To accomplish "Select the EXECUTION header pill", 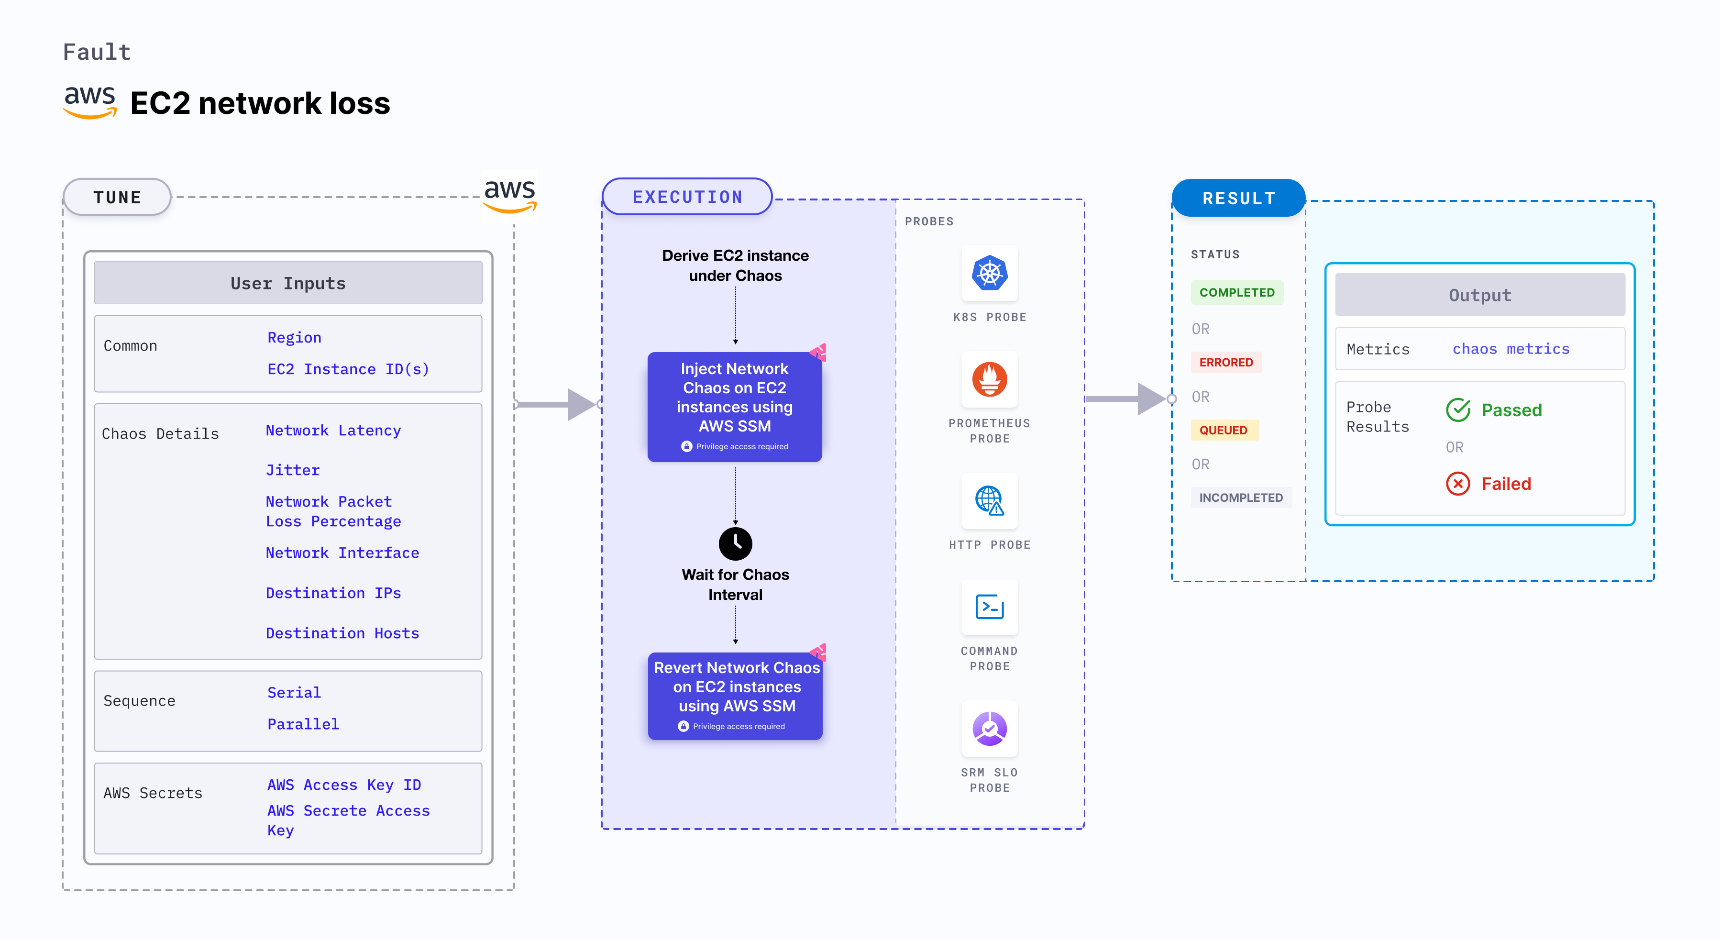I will tap(687, 197).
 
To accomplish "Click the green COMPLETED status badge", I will tap(1236, 292).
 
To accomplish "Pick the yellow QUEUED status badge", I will tap(1223, 430).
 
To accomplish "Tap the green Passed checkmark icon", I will tap(1457, 410).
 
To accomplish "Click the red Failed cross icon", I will tap(1457, 483).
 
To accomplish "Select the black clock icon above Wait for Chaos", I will tap(735, 543).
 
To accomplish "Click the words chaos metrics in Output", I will tap(1511, 349).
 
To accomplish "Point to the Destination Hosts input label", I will tap(342, 633).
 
